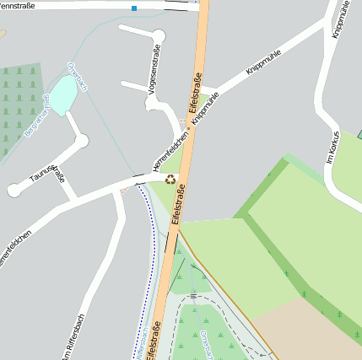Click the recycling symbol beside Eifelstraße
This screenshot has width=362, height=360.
171,179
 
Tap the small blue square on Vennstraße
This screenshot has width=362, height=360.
133,8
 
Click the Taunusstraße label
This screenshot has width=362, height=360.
47,174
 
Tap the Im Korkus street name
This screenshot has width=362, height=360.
332,148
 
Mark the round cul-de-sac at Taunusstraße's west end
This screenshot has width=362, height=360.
14,191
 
